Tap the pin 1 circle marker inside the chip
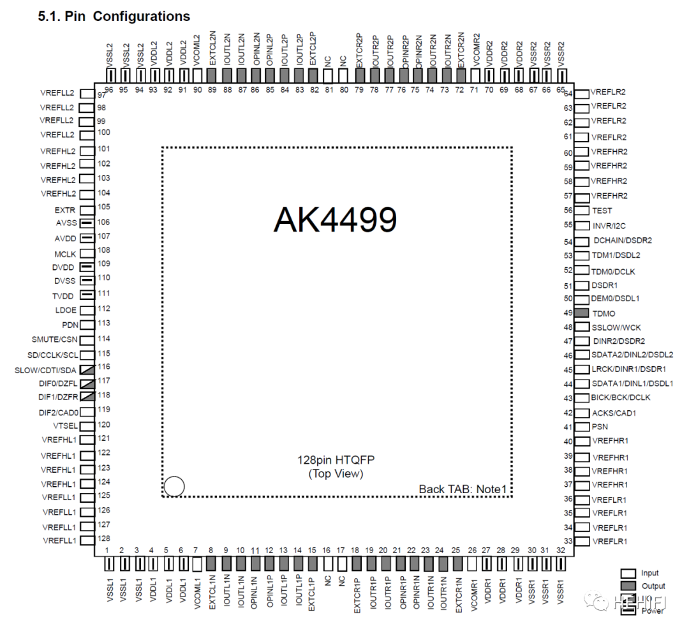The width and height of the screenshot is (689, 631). tap(174, 487)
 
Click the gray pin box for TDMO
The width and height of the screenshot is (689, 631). tap(581, 313)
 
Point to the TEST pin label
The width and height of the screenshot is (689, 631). tap(602, 211)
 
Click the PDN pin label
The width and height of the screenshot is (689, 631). tap(70, 325)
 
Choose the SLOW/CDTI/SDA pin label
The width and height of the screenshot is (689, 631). tap(45, 370)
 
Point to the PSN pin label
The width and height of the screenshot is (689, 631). tap(600, 427)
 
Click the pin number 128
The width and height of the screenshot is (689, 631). tap(104, 538)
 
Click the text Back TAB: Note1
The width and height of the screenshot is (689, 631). tap(463, 489)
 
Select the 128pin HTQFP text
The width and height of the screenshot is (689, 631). tap(336, 460)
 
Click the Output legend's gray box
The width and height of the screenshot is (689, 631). tap(628, 586)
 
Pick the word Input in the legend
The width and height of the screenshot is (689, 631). tap(650, 573)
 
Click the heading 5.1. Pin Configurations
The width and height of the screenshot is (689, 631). tap(114, 16)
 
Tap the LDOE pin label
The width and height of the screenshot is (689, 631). tap(66, 310)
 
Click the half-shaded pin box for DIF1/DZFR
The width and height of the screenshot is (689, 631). tap(87, 396)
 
